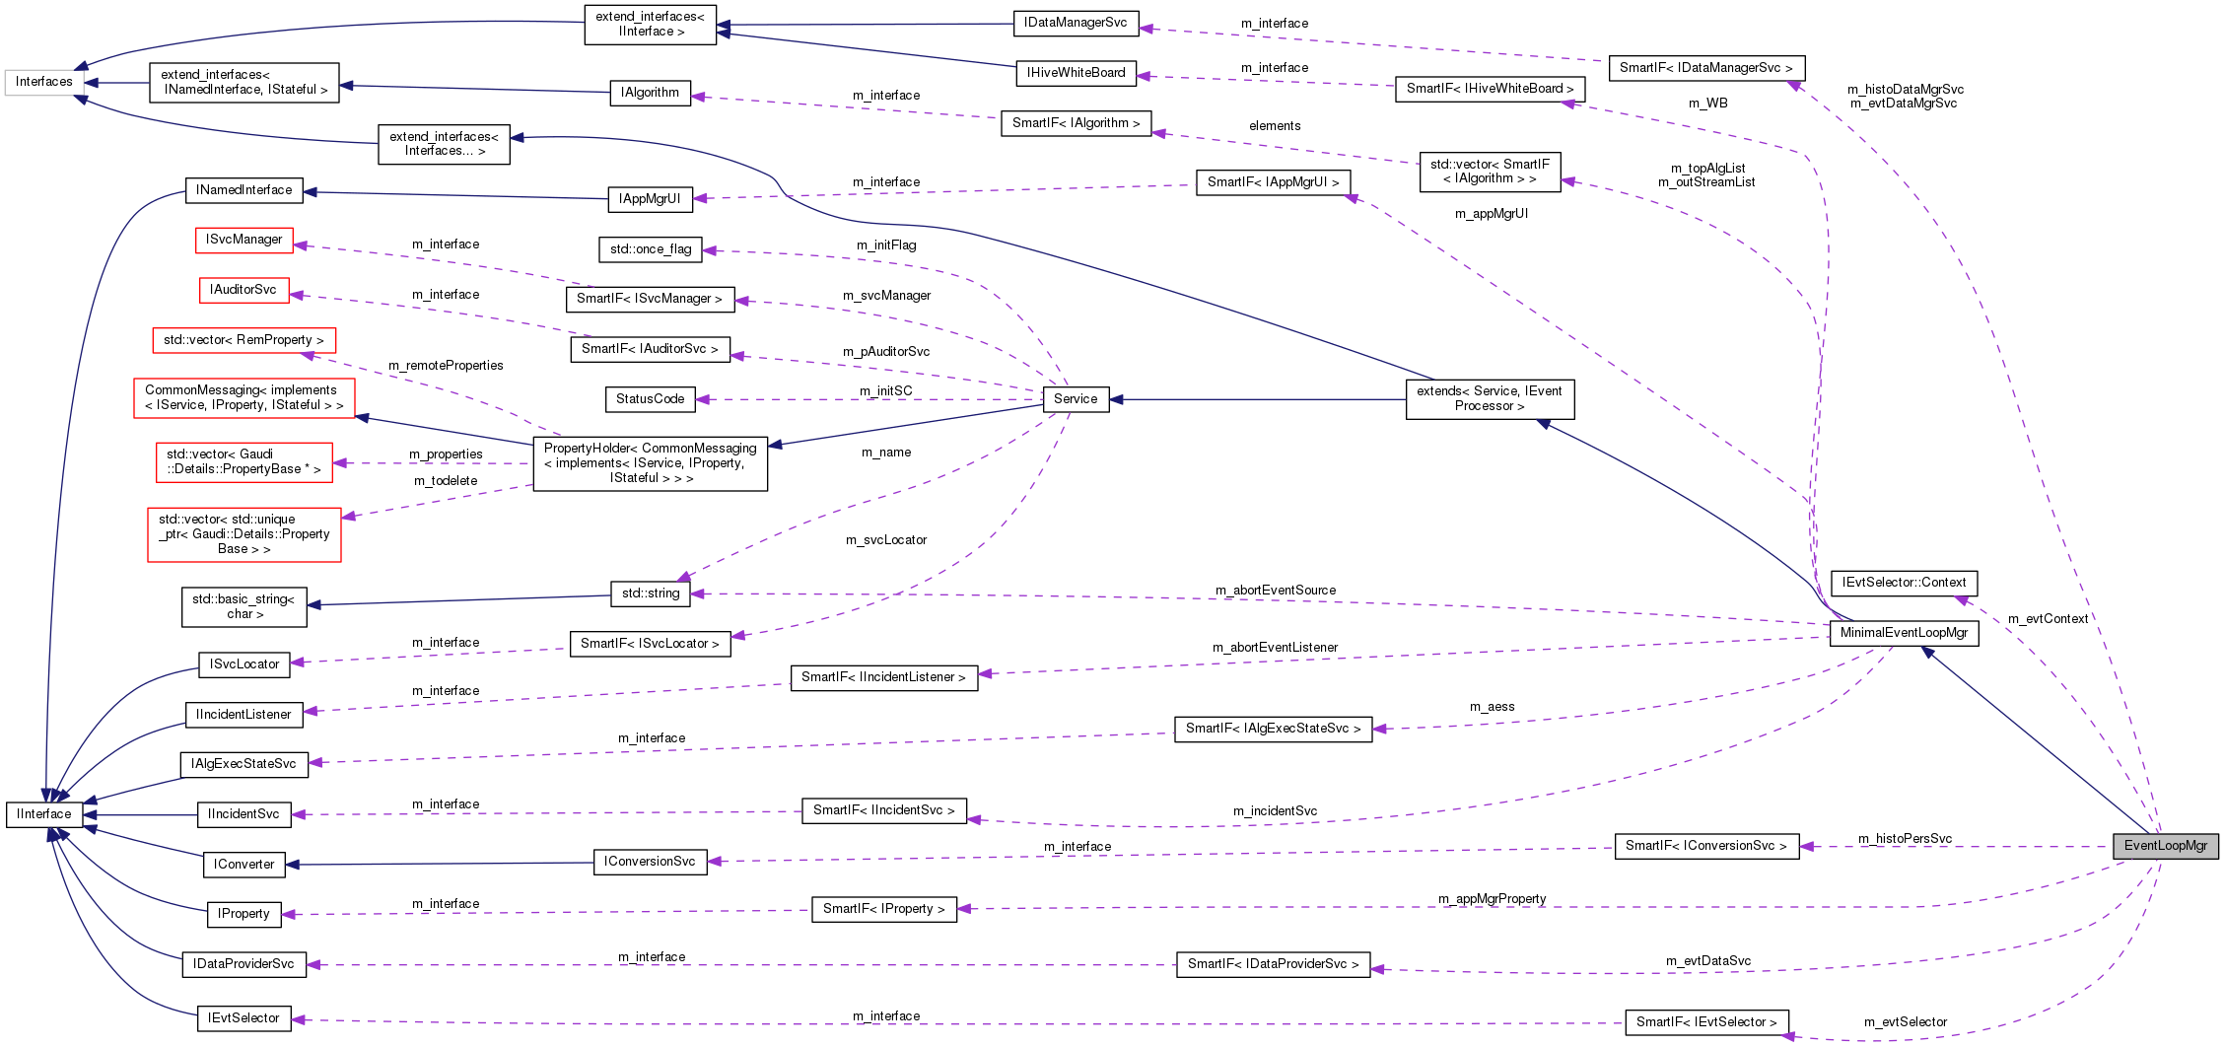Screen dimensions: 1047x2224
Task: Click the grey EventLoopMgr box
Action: point(2165,846)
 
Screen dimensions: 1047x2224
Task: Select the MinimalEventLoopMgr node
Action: point(1904,633)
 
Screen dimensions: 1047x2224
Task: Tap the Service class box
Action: point(1076,399)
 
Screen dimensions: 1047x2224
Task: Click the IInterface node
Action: point(44,814)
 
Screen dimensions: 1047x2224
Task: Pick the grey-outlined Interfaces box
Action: point(44,82)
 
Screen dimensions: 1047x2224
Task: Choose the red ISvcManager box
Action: point(243,240)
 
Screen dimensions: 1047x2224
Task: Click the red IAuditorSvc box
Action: point(243,290)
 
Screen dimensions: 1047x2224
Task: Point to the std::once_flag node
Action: point(651,249)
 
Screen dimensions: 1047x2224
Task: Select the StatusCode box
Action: point(650,399)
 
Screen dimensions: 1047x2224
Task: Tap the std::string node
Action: point(651,593)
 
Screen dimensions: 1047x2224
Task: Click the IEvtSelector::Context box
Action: point(1904,583)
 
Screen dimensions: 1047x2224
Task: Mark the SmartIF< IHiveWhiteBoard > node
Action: point(1490,89)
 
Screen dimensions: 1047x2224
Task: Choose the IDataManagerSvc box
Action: point(1076,23)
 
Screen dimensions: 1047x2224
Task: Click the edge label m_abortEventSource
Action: point(1276,591)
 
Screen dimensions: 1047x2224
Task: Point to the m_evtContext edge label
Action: point(2048,619)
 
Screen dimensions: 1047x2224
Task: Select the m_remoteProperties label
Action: point(446,366)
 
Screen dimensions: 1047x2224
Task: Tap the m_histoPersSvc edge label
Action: point(1905,839)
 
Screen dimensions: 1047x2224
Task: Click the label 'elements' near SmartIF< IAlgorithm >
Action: point(1275,126)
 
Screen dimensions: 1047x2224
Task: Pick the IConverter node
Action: point(244,865)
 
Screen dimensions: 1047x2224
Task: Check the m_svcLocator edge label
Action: point(886,540)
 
